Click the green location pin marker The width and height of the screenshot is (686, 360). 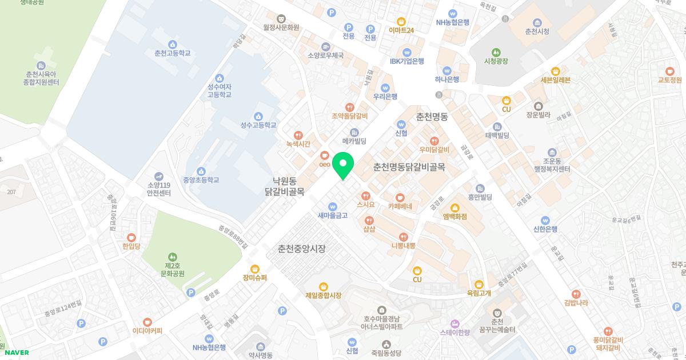pos(343,166)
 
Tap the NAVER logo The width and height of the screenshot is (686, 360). pos(15,353)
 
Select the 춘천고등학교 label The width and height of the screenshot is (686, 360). pos(172,53)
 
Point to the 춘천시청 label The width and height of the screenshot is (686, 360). pos(537,31)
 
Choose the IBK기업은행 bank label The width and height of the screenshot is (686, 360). pos(407,61)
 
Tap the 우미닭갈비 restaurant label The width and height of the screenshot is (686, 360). pos(434,150)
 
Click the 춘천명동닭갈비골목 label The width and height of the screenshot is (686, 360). pos(409,167)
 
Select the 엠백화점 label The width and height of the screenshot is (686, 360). pos(454,217)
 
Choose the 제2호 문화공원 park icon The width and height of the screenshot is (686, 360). pos(173,257)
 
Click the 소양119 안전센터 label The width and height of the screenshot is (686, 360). pos(159,189)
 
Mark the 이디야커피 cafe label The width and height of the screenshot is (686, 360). pos(147,330)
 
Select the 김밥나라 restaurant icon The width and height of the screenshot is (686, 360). pos(576,293)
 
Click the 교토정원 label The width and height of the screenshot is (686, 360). pos(670,80)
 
